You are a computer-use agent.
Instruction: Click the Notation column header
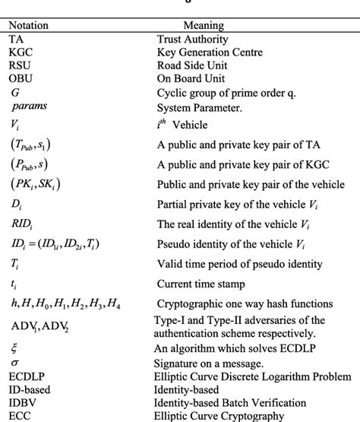point(28,25)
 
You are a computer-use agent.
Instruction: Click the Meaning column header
point(203,25)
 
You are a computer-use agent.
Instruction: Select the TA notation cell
point(16,39)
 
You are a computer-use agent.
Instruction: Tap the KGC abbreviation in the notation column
point(21,52)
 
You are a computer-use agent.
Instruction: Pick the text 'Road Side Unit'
point(194,66)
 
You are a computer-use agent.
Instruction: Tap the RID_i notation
point(23,224)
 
